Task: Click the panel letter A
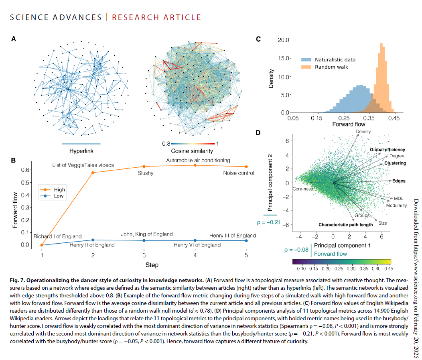(14, 39)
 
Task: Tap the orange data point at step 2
(93, 173)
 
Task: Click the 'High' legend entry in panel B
(59, 189)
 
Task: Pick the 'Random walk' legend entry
(331, 67)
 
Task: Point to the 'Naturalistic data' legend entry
(335, 59)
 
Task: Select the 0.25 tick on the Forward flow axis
(343, 118)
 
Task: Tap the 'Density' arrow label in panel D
(363, 132)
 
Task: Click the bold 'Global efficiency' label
(388, 149)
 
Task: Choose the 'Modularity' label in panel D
(396, 205)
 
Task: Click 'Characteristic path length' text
(345, 225)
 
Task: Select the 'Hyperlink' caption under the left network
(81, 151)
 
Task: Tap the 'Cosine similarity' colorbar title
(192, 151)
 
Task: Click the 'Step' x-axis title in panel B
(152, 265)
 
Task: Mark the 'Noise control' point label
(239, 173)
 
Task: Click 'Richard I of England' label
(57, 236)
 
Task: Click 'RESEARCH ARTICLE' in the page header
(156, 17)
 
